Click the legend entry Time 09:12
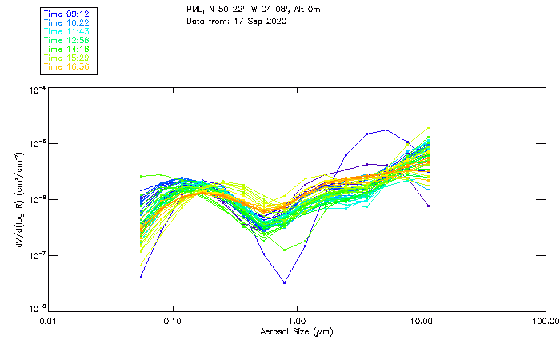pos(66,14)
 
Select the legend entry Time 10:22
pos(66,22)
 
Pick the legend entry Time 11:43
pos(66,31)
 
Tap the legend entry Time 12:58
pos(66,40)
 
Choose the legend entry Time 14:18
pos(66,49)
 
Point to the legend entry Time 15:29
pos(66,58)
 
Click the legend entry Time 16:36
pos(66,66)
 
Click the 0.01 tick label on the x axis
pos(49,321)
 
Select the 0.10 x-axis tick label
pos(173,321)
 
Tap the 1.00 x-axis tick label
pos(297,321)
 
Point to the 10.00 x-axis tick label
pos(421,321)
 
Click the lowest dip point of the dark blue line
pos(284,282)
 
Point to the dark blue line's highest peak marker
pos(387,130)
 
